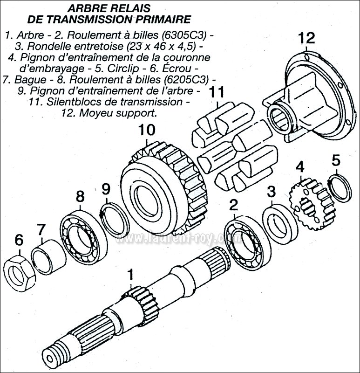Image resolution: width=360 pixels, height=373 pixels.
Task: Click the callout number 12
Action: pyautogui.click(x=306, y=37)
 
